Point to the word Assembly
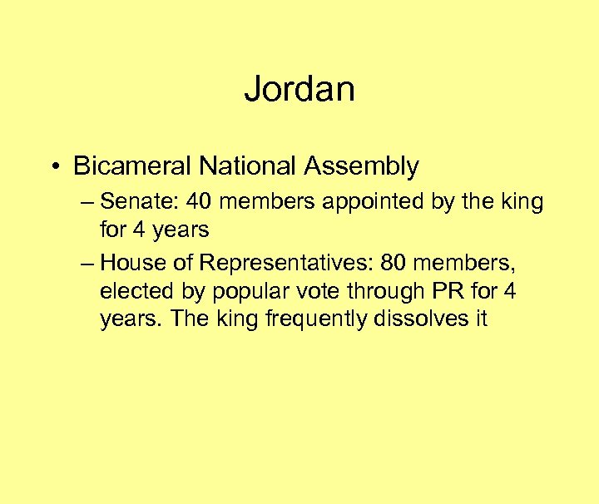[361, 166]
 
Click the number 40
[200, 201]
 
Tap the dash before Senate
[88, 202]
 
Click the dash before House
[88, 264]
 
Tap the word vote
[310, 291]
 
